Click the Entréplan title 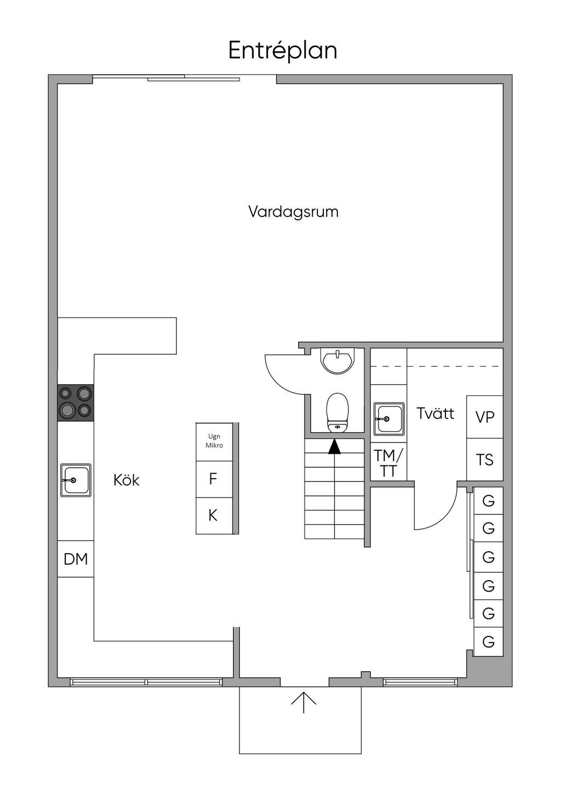[283, 50]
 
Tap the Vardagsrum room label [293, 212]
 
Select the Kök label [127, 480]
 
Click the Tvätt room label [435, 413]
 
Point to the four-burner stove [76, 402]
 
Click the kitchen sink [76, 480]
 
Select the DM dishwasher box [76, 559]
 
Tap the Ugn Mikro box [214, 441]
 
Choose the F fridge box [214, 479]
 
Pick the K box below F [214, 515]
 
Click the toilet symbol [337, 412]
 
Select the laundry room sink [388, 419]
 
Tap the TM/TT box [388, 462]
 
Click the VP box [485, 417]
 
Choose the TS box [485, 460]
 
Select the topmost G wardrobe [488, 500]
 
